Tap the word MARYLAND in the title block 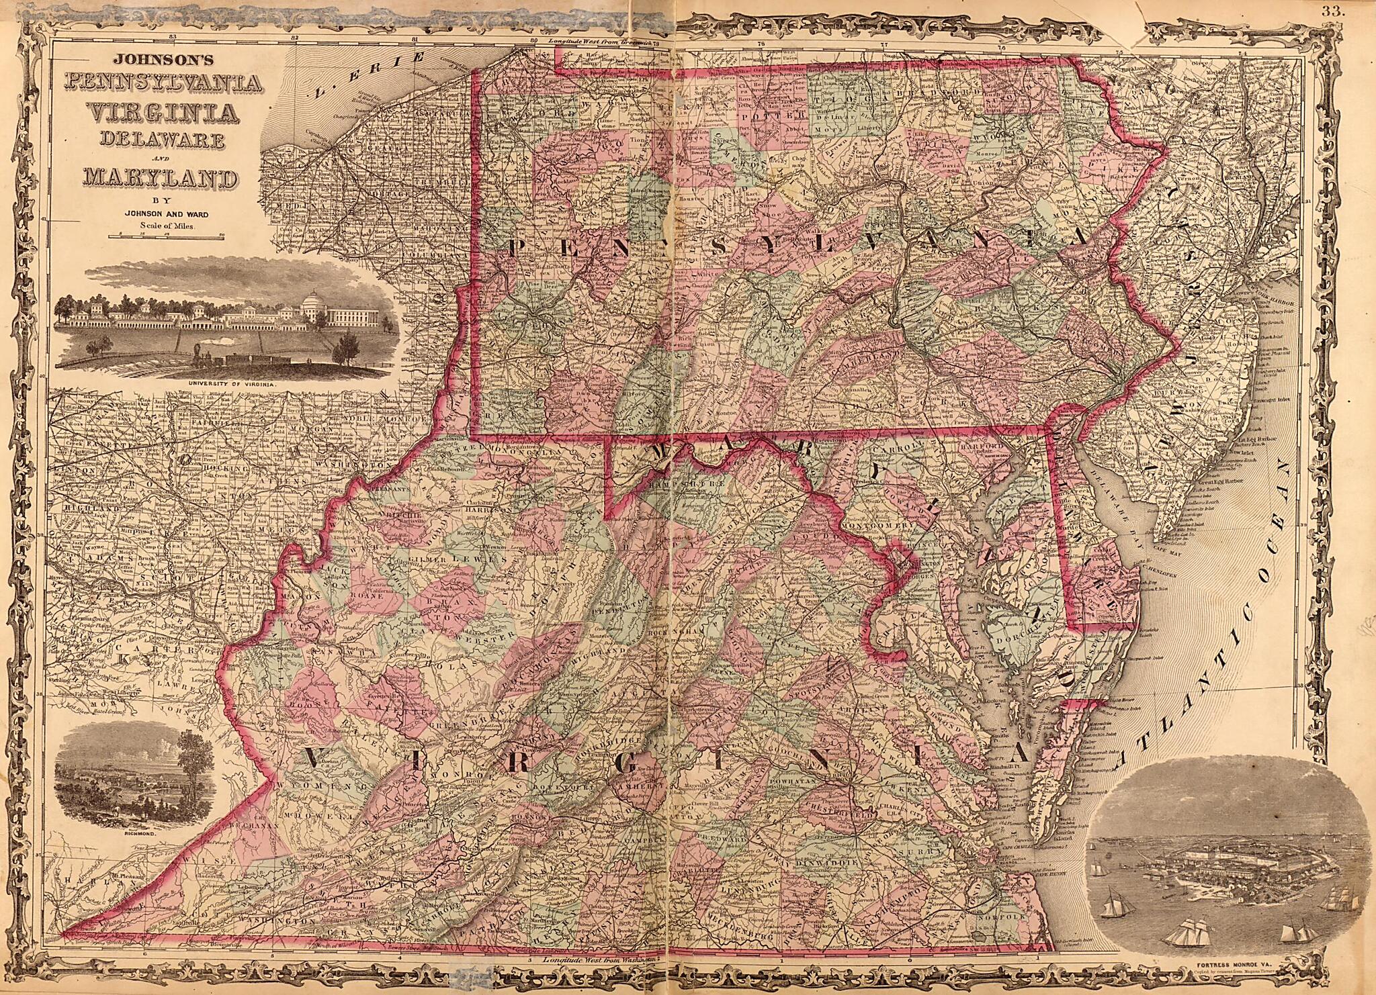click(160, 179)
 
